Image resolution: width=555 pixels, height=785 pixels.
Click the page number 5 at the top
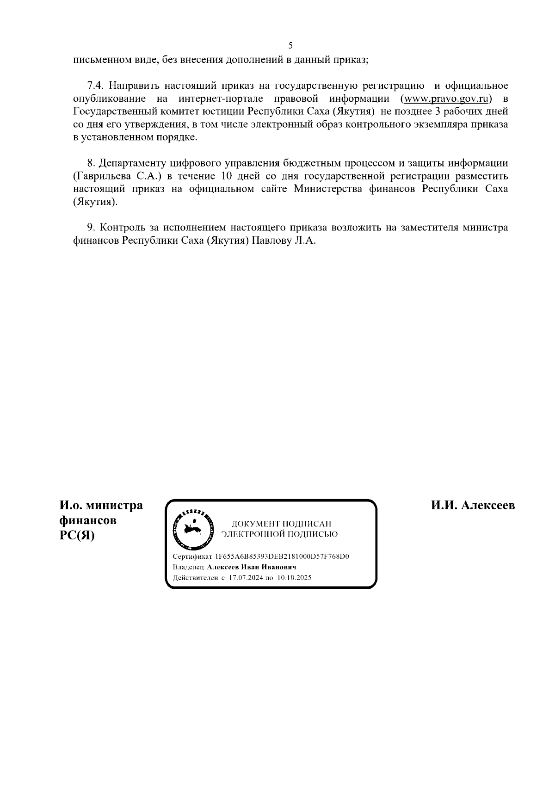pyautogui.click(x=290, y=45)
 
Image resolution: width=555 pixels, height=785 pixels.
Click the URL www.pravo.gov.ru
pyautogui.click(x=447, y=99)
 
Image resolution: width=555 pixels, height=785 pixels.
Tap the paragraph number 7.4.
pyautogui.click(x=97, y=86)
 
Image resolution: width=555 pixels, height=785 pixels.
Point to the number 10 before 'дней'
pyautogui.click(x=221, y=176)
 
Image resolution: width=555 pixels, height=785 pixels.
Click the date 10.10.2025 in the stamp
pyautogui.click(x=295, y=578)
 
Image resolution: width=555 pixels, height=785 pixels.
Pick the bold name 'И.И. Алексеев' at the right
pyautogui.click(x=473, y=506)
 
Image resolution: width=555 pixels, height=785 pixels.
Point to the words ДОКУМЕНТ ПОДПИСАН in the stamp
pyautogui.click(x=281, y=524)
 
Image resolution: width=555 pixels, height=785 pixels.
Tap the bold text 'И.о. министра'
pyautogui.click(x=101, y=506)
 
